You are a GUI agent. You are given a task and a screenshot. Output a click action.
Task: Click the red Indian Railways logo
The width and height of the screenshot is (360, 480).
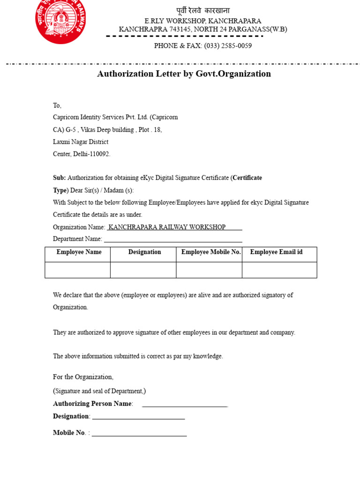[x=60, y=21]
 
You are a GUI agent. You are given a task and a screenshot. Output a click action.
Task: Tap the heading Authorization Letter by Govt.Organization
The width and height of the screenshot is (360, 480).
[x=184, y=74]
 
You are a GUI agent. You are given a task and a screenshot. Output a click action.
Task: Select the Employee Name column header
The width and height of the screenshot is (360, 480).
[x=79, y=252]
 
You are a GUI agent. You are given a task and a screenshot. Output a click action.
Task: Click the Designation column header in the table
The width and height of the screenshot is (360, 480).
[x=144, y=252]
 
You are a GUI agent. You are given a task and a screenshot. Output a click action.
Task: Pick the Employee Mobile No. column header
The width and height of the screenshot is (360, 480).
[x=211, y=252]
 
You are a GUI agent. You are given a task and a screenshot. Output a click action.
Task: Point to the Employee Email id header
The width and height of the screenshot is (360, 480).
[x=276, y=252]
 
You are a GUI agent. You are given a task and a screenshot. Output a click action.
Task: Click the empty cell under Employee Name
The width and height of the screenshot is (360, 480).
[x=78, y=270]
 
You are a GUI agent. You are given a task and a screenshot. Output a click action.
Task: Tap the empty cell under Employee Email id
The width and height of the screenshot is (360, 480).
[x=279, y=270]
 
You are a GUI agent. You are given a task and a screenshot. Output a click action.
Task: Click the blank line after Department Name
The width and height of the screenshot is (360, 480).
[x=173, y=240]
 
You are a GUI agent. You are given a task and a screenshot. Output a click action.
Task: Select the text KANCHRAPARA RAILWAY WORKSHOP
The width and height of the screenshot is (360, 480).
[x=167, y=227]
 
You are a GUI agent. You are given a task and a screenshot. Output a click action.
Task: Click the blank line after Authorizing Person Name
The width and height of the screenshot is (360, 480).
[x=185, y=405]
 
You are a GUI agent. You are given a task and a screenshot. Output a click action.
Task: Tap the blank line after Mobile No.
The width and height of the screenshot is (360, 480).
[x=139, y=434]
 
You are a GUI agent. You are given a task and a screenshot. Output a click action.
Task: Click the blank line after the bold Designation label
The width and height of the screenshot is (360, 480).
[x=138, y=417]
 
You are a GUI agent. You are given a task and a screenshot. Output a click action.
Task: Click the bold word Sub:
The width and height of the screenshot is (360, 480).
[x=59, y=178]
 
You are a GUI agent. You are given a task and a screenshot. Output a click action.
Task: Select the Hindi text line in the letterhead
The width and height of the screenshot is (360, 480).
[x=203, y=11]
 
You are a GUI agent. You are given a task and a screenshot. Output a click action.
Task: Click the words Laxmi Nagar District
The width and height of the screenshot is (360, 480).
[x=81, y=142]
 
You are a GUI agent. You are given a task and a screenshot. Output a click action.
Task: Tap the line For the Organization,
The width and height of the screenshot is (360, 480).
[x=83, y=377]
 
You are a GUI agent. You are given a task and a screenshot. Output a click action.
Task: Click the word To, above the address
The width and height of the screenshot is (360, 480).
[x=57, y=105]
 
